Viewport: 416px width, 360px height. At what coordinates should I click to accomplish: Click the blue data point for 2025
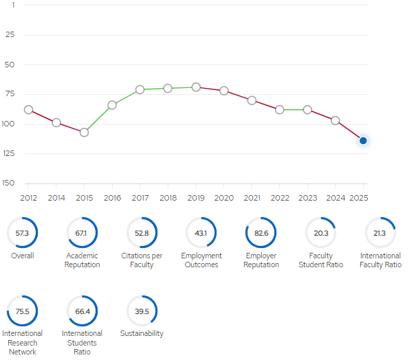[363, 141]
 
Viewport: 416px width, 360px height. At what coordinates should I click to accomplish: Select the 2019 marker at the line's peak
[196, 87]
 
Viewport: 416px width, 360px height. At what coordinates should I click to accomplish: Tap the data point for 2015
[84, 133]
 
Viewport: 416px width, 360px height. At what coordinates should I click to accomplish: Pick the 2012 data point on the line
[28, 110]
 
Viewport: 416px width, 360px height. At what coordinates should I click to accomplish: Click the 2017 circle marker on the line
[140, 89]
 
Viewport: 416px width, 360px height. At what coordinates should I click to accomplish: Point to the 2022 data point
[280, 109]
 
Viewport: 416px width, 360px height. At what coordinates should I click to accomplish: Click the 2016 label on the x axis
[112, 198]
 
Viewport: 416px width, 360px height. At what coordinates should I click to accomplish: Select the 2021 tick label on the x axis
[252, 198]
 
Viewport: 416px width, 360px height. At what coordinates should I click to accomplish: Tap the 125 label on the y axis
[9, 153]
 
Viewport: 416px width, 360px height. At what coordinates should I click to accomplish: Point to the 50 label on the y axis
[10, 65]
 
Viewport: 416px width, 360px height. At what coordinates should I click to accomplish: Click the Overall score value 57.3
[22, 234]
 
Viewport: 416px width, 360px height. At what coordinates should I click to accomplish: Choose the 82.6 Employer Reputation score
[261, 234]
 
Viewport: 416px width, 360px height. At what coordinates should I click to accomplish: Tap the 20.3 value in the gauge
[321, 234]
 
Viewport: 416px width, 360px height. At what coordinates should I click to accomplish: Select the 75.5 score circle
[22, 311]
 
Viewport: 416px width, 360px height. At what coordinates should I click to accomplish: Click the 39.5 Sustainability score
[142, 311]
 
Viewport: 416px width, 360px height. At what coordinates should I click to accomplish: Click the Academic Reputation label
[83, 260]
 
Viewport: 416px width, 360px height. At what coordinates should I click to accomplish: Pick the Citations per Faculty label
[142, 260]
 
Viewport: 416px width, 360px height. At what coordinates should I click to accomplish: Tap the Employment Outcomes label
[201, 260]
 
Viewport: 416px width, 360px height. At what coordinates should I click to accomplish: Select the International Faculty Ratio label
[380, 260]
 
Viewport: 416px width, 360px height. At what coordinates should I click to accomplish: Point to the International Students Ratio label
[82, 343]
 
